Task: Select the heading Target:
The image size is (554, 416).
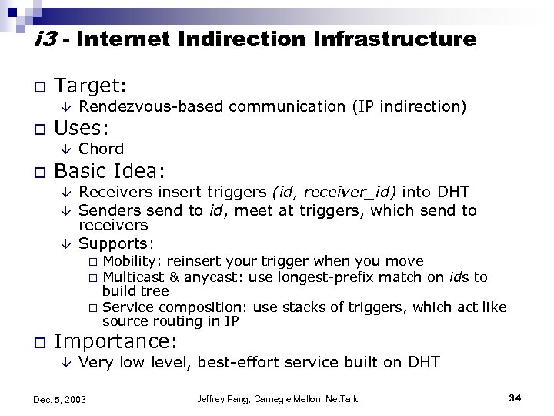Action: click(92, 83)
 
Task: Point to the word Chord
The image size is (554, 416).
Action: click(102, 149)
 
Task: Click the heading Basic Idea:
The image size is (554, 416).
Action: click(112, 169)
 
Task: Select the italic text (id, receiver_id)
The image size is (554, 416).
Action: click(322, 192)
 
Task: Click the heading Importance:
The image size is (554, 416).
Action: click(117, 341)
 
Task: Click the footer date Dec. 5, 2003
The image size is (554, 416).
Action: click(60, 399)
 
